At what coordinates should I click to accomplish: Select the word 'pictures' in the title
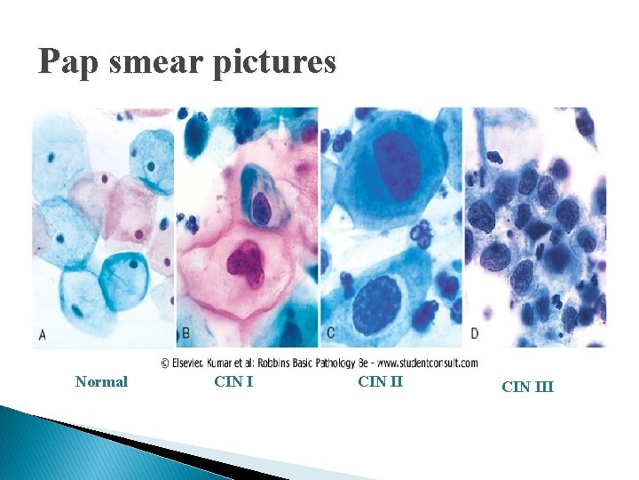coord(275,62)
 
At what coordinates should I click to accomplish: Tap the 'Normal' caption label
coord(101,382)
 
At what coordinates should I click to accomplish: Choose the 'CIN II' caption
coord(380,382)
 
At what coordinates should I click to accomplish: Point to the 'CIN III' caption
coord(527,387)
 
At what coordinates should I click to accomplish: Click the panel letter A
coord(42,336)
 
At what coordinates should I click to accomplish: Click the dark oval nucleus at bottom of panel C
coord(376,307)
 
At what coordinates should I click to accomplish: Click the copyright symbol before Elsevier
coord(166,363)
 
